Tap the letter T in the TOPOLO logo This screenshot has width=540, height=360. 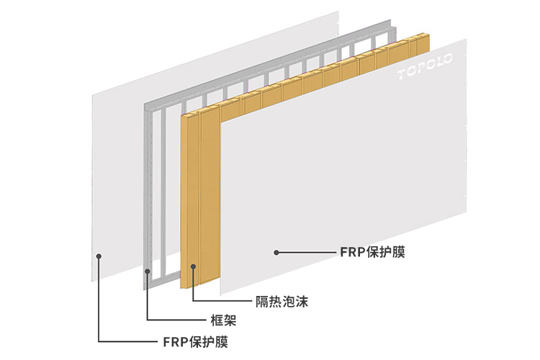pos(402,73)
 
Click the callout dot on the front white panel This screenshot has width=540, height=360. pos(275,252)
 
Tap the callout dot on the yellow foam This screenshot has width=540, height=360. pos(192,266)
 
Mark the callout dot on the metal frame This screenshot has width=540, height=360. pos(147,271)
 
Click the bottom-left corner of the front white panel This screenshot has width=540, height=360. pos(221,293)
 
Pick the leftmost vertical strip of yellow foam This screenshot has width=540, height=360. pos(189,202)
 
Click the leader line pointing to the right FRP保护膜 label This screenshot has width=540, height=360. pos(306,253)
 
